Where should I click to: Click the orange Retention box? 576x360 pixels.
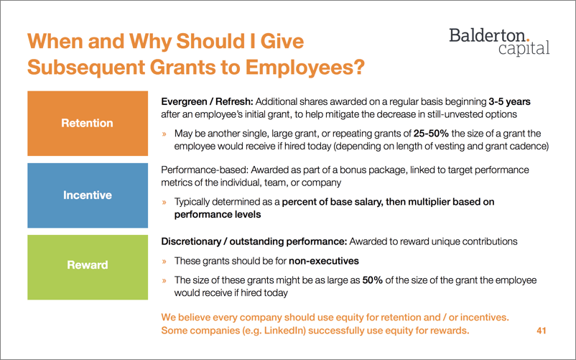tap(86, 123)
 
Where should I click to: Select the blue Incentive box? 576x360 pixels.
tap(86, 195)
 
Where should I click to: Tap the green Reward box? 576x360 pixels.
tap(86, 265)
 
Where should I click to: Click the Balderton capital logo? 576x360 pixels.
tap(498, 40)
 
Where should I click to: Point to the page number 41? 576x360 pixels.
tap(542, 331)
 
